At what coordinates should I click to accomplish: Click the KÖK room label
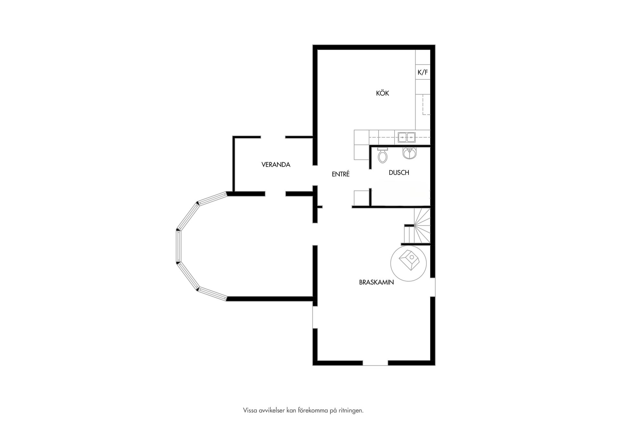point(382,93)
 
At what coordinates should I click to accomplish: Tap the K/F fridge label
point(422,72)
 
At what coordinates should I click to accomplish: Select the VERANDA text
point(276,165)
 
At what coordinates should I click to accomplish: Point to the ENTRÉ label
point(340,174)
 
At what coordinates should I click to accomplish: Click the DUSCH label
point(399,173)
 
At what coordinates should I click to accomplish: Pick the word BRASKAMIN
point(376,282)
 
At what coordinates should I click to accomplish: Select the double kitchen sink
point(407,137)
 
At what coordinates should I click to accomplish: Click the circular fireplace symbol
point(408,263)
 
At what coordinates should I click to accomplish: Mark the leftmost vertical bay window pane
point(178,246)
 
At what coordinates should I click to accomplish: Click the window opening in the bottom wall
point(375,363)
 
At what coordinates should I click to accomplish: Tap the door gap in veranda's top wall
point(273,137)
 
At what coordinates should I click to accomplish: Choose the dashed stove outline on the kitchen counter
point(426,105)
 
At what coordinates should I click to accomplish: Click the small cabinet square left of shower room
point(361,198)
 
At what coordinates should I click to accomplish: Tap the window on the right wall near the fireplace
point(433,287)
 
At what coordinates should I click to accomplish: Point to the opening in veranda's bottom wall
point(275,194)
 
